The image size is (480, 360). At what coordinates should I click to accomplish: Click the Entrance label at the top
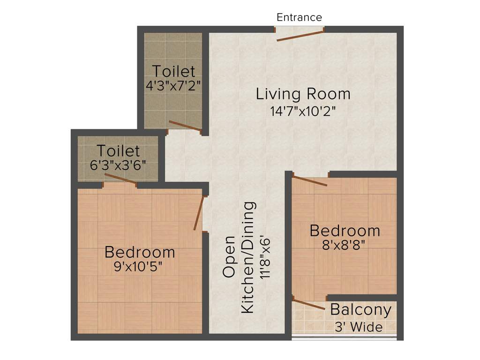point(299,17)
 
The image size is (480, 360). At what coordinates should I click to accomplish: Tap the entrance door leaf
point(300,36)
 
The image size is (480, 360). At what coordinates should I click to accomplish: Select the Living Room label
point(303,94)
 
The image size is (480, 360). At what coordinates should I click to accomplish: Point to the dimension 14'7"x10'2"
point(303,112)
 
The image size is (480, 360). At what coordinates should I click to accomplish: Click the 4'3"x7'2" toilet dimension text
point(173,86)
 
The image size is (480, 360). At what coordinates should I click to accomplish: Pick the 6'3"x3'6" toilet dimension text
point(118,165)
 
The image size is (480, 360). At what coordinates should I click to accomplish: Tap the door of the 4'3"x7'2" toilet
point(185,126)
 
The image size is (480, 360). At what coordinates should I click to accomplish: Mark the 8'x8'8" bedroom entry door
point(310,181)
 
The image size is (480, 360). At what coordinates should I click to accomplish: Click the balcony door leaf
point(308,303)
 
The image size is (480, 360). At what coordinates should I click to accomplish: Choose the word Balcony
point(360,310)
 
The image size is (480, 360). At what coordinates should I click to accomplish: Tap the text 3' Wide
point(359,327)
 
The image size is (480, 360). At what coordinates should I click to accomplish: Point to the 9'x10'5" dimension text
point(139,267)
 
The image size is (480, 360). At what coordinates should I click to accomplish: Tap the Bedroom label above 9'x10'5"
point(140,252)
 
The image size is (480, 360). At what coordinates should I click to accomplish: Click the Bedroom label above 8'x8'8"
point(345,231)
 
